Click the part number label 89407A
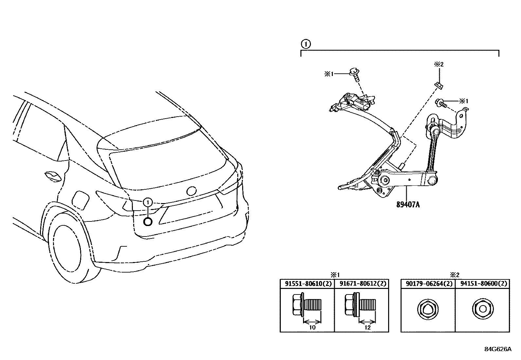[408, 205]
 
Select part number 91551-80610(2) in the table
[307, 284]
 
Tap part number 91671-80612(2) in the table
[361, 284]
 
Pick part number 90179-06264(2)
[428, 284]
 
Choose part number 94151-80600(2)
[482, 284]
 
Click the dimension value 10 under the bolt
[312, 327]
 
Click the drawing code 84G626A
[498, 349]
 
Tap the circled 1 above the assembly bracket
[305, 44]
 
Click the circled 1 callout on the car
[148, 202]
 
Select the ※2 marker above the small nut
[439, 65]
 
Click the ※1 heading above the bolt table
[334, 275]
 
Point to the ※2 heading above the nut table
[455, 275]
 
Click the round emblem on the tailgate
[191, 191]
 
